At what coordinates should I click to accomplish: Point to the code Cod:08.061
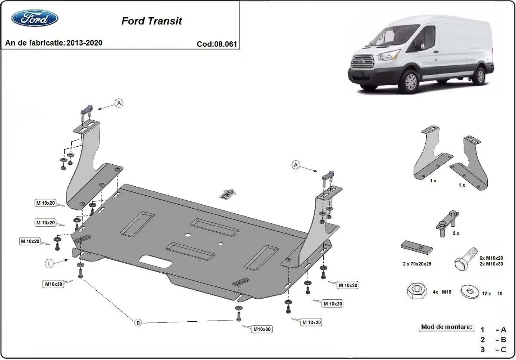217,44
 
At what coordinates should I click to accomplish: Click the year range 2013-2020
84,43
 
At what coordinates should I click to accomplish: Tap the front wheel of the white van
410,82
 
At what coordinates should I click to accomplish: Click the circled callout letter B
138,323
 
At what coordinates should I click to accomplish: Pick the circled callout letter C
50,264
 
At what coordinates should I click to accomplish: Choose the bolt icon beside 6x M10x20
465,258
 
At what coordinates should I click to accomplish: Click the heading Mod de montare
446,327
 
